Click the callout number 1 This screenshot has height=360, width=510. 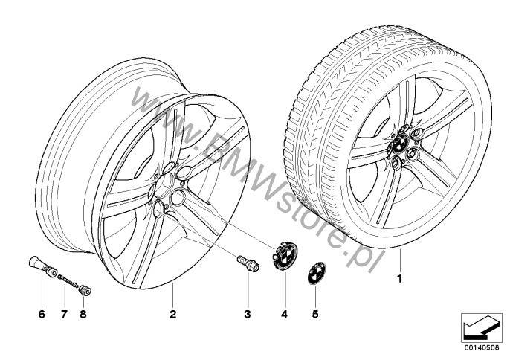pos(400,279)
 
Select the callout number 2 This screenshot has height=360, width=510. pos(172,314)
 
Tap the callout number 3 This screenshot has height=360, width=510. pos(248,314)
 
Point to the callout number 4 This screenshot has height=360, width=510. pos(285,314)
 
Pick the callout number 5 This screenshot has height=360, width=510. pos(315,314)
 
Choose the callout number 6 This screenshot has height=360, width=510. pos(42,314)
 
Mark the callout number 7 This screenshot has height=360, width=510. pos(64,314)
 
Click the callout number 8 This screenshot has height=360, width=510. pos(83,314)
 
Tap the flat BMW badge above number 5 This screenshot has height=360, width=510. pos(316,273)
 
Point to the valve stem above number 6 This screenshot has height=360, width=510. pos(42,266)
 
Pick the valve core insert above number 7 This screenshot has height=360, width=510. pos(68,281)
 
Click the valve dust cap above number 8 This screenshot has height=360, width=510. pos(86,290)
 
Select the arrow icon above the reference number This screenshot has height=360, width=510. pos(480,328)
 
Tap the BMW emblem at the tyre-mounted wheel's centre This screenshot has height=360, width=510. pos(400,143)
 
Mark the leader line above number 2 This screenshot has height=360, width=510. pos(172,295)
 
